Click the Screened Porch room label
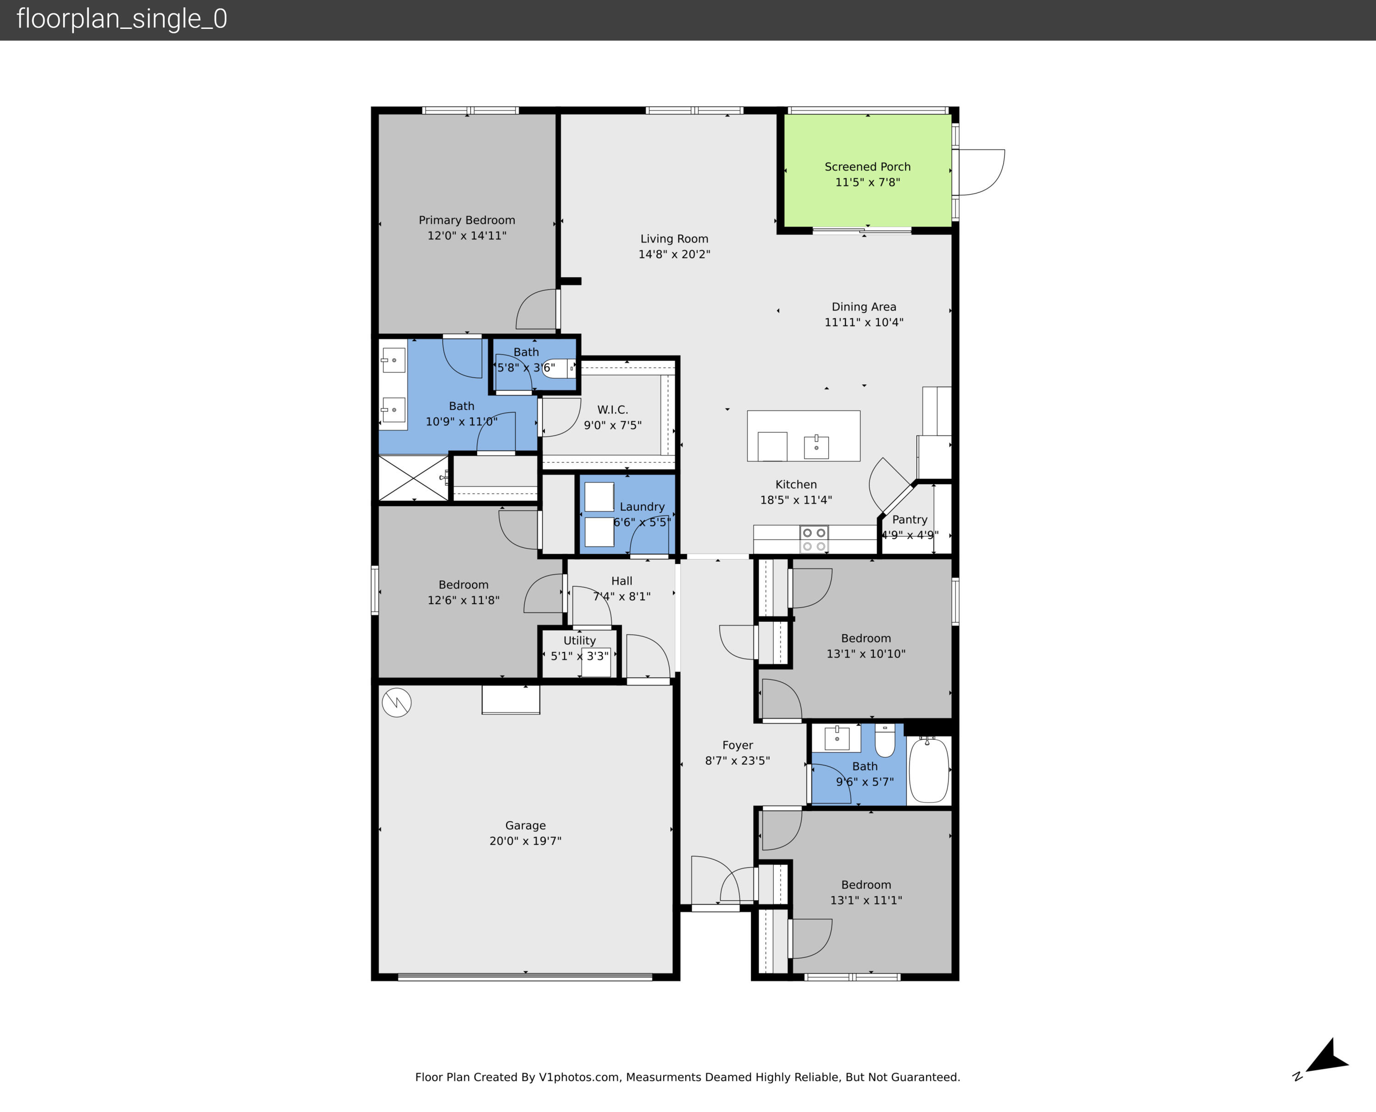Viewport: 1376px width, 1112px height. point(867,166)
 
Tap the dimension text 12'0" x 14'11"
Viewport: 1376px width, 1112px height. point(466,236)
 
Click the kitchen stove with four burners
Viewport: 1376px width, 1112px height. point(814,539)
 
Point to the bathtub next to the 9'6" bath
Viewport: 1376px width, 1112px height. point(928,769)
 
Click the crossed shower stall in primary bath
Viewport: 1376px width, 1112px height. point(413,478)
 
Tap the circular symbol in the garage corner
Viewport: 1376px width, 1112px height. point(397,702)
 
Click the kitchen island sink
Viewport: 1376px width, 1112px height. point(816,447)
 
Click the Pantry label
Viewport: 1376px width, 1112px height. point(910,520)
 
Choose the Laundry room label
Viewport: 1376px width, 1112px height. point(642,507)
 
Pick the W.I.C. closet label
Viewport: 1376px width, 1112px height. point(612,409)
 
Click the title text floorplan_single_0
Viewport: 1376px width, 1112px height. point(122,19)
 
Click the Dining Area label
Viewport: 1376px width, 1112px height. point(864,307)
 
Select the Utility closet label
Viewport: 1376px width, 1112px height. point(579,641)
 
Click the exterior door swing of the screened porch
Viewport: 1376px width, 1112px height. point(980,172)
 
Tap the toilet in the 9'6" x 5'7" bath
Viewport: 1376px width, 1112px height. point(885,741)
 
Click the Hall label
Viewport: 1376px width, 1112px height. point(621,581)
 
